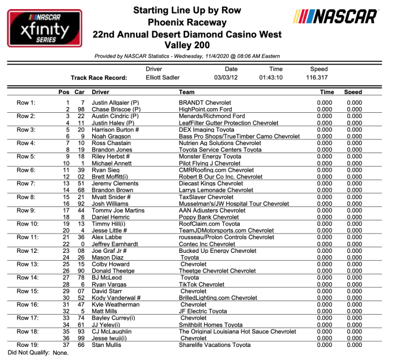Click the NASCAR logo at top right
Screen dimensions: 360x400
click(x=336, y=16)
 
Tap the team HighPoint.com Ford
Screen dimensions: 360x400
click(x=205, y=109)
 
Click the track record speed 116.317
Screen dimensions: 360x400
click(x=318, y=77)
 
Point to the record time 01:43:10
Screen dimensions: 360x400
click(x=271, y=77)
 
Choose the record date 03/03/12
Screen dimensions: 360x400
click(x=225, y=77)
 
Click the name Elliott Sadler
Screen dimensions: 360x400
click(x=164, y=77)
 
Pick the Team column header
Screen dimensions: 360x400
click(x=186, y=92)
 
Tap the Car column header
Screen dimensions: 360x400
click(x=80, y=92)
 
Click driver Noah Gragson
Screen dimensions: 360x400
click(x=111, y=137)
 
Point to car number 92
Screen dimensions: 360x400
click(x=81, y=204)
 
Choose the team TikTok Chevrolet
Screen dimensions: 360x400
click(x=202, y=284)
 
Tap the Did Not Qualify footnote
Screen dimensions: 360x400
click(x=38, y=352)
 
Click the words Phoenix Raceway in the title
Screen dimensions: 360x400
click(x=186, y=23)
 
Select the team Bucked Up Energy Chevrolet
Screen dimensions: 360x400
click(x=218, y=251)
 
